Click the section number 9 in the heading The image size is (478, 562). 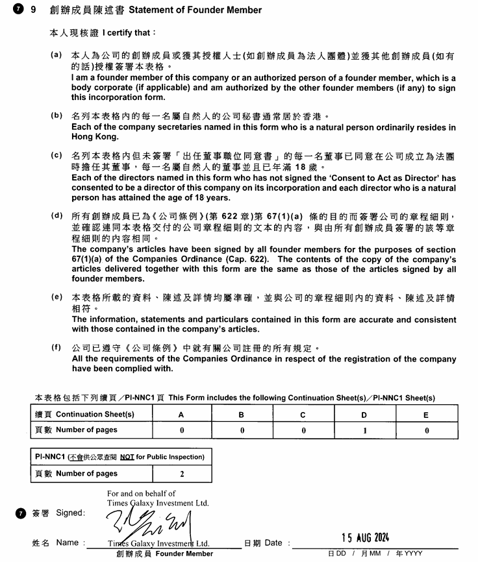tap(33, 10)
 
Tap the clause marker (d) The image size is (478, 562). tap(57, 215)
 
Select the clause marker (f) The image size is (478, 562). tap(57, 347)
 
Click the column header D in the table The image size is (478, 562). tap(364, 415)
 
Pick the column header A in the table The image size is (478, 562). tap(181, 415)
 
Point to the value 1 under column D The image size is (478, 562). tap(364, 430)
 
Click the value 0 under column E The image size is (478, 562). tap(426, 430)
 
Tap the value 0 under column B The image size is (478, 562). tap(242, 430)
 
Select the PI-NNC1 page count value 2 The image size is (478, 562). tap(182, 474)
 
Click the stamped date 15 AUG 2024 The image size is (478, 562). tap(365, 537)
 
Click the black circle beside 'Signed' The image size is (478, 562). tap(20, 513)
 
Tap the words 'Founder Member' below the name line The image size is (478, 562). tap(184, 554)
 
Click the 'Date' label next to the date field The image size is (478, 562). tap(273, 543)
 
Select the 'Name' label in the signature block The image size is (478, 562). tap(67, 543)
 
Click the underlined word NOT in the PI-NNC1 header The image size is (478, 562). tap(127, 457)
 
